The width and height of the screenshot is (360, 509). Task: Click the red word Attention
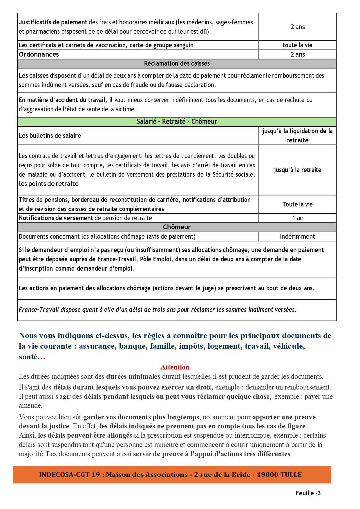[x=175, y=367]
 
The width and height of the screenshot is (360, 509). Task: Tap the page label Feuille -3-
[x=309, y=493]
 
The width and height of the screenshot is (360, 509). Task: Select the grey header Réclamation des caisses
[x=177, y=64]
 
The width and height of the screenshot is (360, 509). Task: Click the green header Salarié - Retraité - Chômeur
[x=177, y=122]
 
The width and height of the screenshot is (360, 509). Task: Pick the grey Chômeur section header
[x=177, y=227]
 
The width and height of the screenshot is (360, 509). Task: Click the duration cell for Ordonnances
[x=297, y=55]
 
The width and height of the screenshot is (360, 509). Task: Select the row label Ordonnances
[x=39, y=55]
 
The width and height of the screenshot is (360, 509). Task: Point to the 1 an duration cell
[x=297, y=218]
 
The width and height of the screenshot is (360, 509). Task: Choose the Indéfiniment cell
[x=297, y=237]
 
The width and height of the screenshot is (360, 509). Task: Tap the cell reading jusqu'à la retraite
[x=297, y=170]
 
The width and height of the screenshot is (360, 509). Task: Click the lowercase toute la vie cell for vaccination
[x=297, y=45]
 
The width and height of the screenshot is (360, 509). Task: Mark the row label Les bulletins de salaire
[x=50, y=136]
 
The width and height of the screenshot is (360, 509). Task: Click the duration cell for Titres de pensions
[x=297, y=204]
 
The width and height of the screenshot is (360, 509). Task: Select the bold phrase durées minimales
[x=133, y=377]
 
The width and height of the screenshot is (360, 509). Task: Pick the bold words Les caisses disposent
[x=47, y=76]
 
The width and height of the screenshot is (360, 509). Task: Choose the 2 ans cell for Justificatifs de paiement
[x=297, y=27]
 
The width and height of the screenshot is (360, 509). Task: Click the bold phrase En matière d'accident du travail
[x=62, y=100]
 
